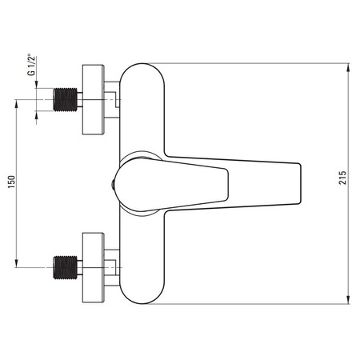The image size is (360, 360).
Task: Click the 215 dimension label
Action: (342, 178)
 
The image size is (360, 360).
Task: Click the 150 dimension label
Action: (12, 182)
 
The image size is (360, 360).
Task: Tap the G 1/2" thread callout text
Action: (31, 66)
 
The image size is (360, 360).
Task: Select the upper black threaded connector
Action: (66, 99)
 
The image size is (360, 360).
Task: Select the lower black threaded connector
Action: (66, 267)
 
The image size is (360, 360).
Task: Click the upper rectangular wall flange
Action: (93, 99)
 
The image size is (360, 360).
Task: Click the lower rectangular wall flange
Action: (93, 267)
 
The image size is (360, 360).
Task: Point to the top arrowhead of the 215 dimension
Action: (348, 68)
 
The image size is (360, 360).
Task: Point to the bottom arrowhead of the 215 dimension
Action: (348, 300)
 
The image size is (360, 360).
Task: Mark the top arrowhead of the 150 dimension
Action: (16, 104)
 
